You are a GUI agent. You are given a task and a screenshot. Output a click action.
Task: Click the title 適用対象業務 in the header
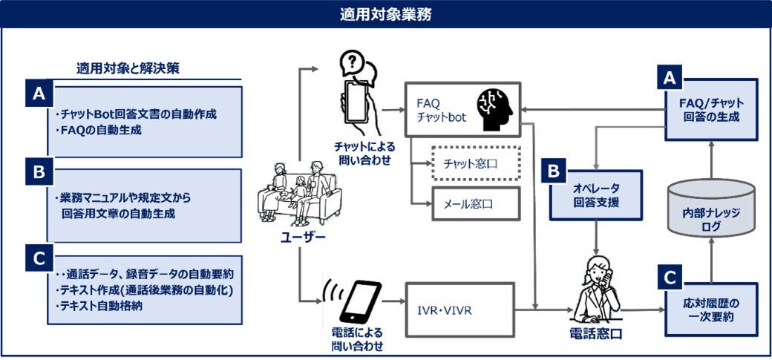[x=385, y=13]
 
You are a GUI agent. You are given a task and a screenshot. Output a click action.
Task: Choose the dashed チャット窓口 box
[x=476, y=163]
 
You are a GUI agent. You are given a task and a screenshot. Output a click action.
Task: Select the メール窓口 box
[x=476, y=203]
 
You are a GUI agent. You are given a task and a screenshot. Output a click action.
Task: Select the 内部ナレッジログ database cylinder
[x=711, y=210]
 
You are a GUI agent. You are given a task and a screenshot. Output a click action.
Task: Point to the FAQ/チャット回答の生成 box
[x=711, y=109]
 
